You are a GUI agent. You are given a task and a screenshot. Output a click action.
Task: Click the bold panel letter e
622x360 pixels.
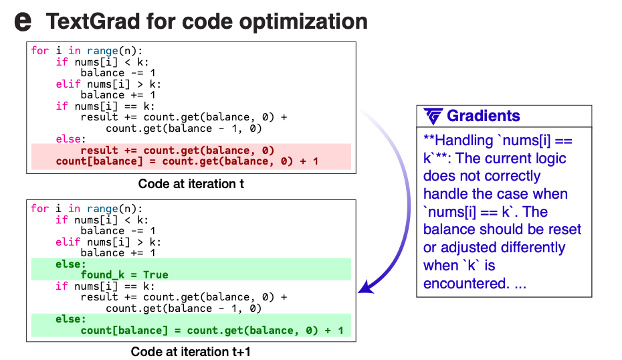pyautogui.click(x=23, y=21)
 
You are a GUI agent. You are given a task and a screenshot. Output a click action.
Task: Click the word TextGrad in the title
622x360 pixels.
pyautogui.click(x=93, y=21)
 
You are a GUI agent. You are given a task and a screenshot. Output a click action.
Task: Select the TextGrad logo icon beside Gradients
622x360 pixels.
pyautogui.click(x=433, y=116)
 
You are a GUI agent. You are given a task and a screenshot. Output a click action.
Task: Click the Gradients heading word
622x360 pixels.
pyautogui.click(x=483, y=116)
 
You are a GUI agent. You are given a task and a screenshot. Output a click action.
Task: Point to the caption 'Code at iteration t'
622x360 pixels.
pyautogui.click(x=191, y=184)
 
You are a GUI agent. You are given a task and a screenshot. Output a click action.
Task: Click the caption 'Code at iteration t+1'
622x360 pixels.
pyautogui.click(x=191, y=352)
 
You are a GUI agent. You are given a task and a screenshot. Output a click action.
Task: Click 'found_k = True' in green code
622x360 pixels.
pyautogui.click(x=124, y=274)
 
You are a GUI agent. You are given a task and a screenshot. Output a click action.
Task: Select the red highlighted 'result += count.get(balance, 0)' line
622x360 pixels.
pyautogui.click(x=177, y=151)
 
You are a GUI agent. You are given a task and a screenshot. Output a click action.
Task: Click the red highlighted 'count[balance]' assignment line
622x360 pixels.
pyautogui.click(x=187, y=161)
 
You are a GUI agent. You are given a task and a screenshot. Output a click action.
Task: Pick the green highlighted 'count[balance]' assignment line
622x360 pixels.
pyautogui.click(x=212, y=331)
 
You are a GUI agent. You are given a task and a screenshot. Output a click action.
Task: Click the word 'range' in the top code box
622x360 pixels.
pyautogui.click(x=103, y=51)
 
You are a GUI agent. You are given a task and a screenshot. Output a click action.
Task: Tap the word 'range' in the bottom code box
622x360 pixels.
pyautogui.click(x=103, y=209)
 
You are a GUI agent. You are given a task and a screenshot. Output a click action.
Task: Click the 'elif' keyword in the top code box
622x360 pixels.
pyautogui.click(x=68, y=84)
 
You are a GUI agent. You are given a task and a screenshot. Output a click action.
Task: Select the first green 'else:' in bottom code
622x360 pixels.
pyautogui.click(x=71, y=264)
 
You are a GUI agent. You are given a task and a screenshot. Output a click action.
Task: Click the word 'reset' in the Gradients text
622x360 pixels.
pyautogui.click(x=564, y=230)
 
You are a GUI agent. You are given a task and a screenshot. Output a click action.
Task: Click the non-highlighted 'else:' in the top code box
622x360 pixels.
pyautogui.click(x=71, y=139)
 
